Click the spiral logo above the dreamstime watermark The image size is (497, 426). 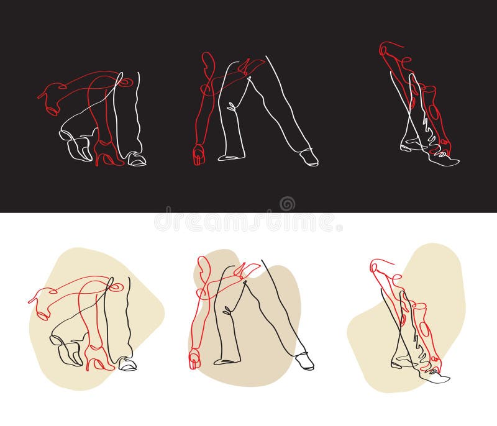click(x=287, y=204)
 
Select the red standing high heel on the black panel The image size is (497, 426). click(x=107, y=153)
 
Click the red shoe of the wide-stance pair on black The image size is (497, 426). click(x=199, y=155)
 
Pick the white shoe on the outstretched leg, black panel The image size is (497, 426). click(x=309, y=157)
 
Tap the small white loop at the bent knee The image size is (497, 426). click(x=232, y=107)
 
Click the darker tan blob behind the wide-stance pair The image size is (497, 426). click(x=244, y=317)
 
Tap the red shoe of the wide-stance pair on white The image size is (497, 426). click(x=194, y=359)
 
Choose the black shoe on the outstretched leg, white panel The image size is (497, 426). click(x=305, y=361)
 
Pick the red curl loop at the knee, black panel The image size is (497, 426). click(x=126, y=82)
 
